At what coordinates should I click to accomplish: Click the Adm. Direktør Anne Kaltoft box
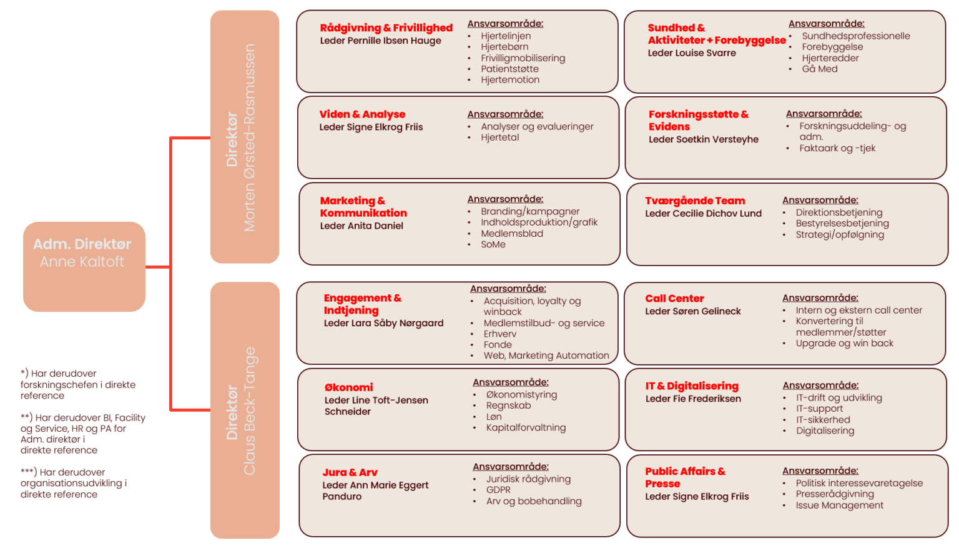click(x=84, y=267)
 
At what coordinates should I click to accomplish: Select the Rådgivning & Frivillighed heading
click(x=386, y=28)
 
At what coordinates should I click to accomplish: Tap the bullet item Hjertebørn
click(x=504, y=47)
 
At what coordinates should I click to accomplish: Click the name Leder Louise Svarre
click(x=691, y=53)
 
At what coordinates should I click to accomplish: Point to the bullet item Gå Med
click(x=819, y=69)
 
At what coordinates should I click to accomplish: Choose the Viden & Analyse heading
click(x=362, y=114)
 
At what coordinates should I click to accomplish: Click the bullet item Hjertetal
click(x=499, y=137)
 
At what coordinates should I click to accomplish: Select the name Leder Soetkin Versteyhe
click(x=704, y=140)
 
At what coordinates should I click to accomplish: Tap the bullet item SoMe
click(x=493, y=245)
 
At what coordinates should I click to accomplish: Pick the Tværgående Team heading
click(x=695, y=201)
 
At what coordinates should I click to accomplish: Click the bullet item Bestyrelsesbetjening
click(x=842, y=224)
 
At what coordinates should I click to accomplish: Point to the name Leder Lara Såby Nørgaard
click(x=383, y=324)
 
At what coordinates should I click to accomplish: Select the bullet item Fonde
click(x=498, y=345)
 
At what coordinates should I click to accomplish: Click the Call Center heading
click(x=674, y=299)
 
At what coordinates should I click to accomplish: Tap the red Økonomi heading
click(x=348, y=387)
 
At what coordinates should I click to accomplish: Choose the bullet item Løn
click(x=494, y=417)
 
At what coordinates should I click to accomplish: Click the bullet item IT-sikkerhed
click(x=823, y=420)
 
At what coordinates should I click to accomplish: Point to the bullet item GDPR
click(x=498, y=490)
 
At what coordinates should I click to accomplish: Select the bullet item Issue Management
click(x=839, y=506)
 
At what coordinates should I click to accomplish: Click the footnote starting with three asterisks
click(x=74, y=483)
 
